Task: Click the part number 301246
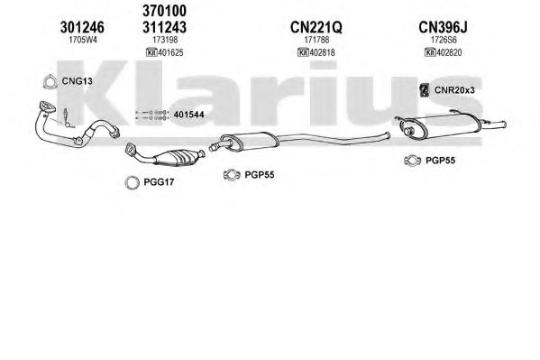point(82,27)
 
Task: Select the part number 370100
point(165,11)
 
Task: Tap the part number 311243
point(165,27)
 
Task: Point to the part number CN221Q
point(316,27)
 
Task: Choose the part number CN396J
point(443,27)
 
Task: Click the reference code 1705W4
point(83,40)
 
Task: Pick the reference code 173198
point(165,40)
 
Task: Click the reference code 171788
point(316,40)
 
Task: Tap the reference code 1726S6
point(444,40)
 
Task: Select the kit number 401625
point(170,52)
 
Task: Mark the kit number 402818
point(322,52)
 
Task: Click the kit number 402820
point(449,52)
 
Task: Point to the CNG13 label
point(78,81)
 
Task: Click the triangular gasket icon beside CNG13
point(50,82)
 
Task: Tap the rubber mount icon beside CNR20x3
point(424,90)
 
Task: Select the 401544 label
point(188,115)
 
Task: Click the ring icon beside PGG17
point(133,183)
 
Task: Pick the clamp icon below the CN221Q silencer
point(232,175)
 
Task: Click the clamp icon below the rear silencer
point(413,161)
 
